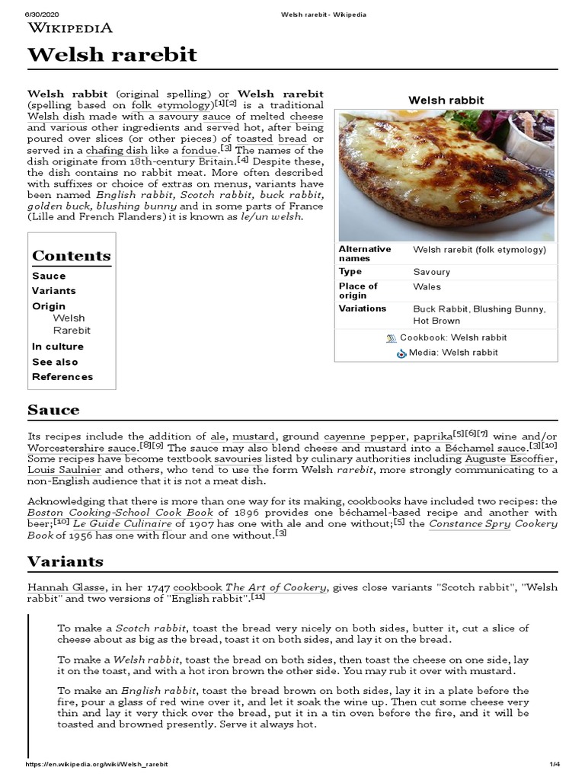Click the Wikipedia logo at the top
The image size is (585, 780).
tap(70, 28)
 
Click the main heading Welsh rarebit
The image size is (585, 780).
tap(112, 55)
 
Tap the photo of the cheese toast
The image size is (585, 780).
tap(447, 175)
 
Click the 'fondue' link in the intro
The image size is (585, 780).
tap(199, 151)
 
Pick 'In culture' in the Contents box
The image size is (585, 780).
tap(58, 347)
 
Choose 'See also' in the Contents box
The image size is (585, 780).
tap(55, 362)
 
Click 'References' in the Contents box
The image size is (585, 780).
tap(62, 377)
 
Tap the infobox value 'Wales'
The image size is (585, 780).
tap(427, 287)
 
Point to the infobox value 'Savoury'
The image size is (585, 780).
tap(431, 272)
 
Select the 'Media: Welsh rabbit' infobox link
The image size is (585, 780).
tap(452, 353)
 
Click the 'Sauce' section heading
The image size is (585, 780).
tap(53, 411)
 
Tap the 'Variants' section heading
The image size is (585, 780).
tap(66, 562)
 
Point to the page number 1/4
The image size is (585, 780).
tap(554, 764)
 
